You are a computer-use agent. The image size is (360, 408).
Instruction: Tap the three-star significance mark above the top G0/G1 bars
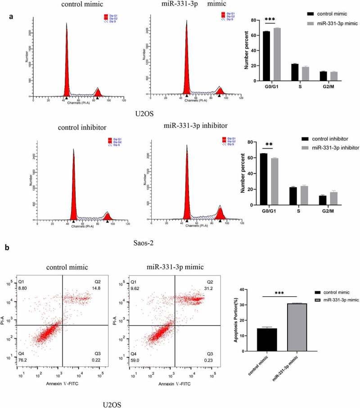point(270,20)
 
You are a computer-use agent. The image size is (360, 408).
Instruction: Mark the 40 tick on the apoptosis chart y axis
point(244,290)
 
